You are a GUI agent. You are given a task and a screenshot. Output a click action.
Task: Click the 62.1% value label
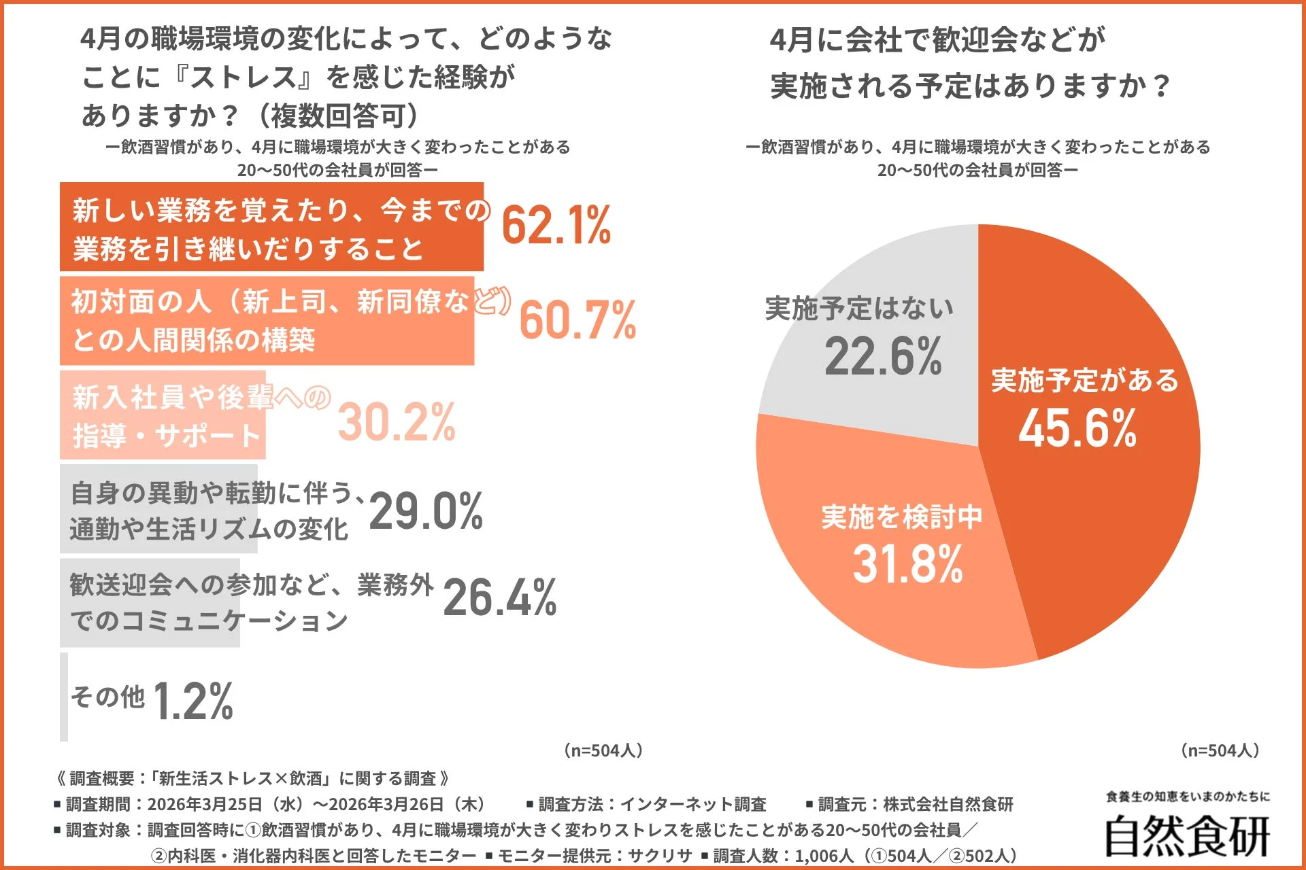[x=556, y=226]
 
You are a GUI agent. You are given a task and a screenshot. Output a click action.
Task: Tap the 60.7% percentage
[x=577, y=319]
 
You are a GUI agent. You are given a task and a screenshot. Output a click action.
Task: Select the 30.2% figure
[x=397, y=422]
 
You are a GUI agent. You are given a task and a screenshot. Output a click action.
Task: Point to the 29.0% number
[x=426, y=511]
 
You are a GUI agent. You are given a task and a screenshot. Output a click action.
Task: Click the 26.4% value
[x=499, y=598]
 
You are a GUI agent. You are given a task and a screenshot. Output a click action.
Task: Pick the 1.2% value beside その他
[x=193, y=701]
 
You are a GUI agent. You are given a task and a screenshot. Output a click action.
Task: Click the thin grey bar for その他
[x=64, y=697]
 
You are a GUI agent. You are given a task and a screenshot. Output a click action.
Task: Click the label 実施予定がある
[x=1084, y=381]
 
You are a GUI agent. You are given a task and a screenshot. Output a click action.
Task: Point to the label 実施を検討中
[x=902, y=517]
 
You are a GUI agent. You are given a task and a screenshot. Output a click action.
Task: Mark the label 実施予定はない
[x=859, y=309]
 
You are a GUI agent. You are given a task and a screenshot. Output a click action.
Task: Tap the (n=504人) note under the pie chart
[x=1220, y=750]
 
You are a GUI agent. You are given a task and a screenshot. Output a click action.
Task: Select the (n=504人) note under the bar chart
[x=603, y=750]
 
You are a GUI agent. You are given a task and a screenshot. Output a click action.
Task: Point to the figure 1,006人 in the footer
[x=824, y=856]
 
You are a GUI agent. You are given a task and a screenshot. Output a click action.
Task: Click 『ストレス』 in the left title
[x=243, y=77]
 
